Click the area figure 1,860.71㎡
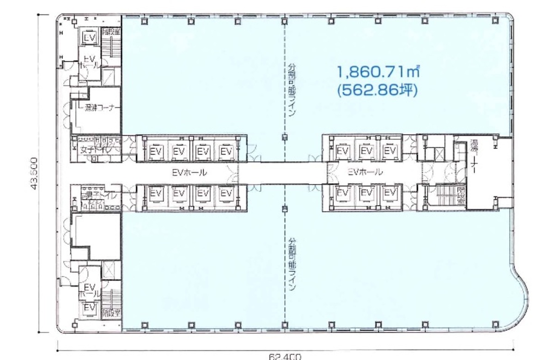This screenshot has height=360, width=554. click(378, 72)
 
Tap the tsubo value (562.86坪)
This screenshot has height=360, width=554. click(378, 91)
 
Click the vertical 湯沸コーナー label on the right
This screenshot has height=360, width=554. click(474, 158)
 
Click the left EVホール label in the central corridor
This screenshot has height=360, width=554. click(189, 173)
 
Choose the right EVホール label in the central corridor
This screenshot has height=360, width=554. click(365, 172)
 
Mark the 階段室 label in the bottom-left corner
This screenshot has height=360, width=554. click(111, 312)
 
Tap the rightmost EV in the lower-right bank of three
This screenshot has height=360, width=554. click(390, 194)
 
